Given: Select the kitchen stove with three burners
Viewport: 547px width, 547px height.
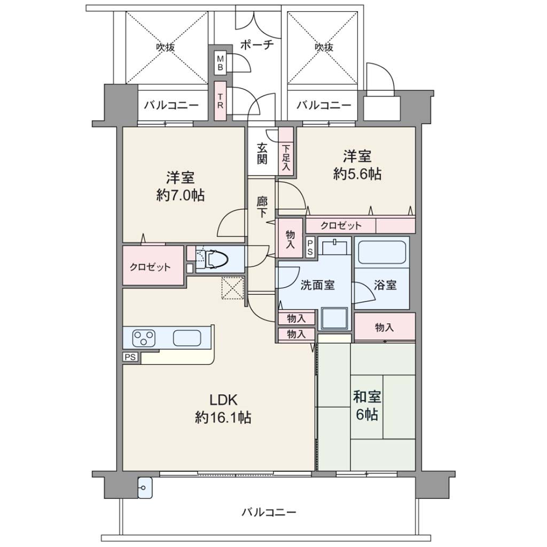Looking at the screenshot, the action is [x=144, y=338].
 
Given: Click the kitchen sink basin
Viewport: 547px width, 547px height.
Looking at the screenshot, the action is [x=187, y=338].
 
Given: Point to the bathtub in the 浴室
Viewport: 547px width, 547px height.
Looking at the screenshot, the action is [x=382, y=253].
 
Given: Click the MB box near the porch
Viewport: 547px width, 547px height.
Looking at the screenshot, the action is [x=220, y=63].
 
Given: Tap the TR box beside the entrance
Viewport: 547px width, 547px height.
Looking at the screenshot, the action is [x=220, y=100].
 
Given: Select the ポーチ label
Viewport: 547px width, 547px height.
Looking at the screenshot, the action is [x=257, y=45].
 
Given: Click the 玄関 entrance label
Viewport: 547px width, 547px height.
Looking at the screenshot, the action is [x=262, y=153].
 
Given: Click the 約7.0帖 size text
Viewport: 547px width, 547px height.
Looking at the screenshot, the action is [x=180, y=196].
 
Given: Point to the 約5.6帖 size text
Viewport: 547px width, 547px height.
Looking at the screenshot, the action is [x=357, y=174].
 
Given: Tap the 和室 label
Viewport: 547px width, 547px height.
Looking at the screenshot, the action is [x=366, y=397].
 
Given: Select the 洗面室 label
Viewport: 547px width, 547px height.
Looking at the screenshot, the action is [x=317, y=285].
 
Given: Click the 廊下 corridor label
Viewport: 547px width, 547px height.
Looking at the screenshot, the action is [x=262, y=207].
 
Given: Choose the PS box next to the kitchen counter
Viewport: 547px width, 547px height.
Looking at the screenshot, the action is [x=130, y=357].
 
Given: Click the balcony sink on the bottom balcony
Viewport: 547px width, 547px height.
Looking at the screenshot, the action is [x=145, y=488].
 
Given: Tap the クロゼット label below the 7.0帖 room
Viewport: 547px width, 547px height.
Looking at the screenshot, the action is [x=150, y=268].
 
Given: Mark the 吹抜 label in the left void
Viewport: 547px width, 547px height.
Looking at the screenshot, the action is [x=166, y=47].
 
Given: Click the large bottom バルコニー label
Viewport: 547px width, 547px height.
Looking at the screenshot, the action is [x=269, y=512].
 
